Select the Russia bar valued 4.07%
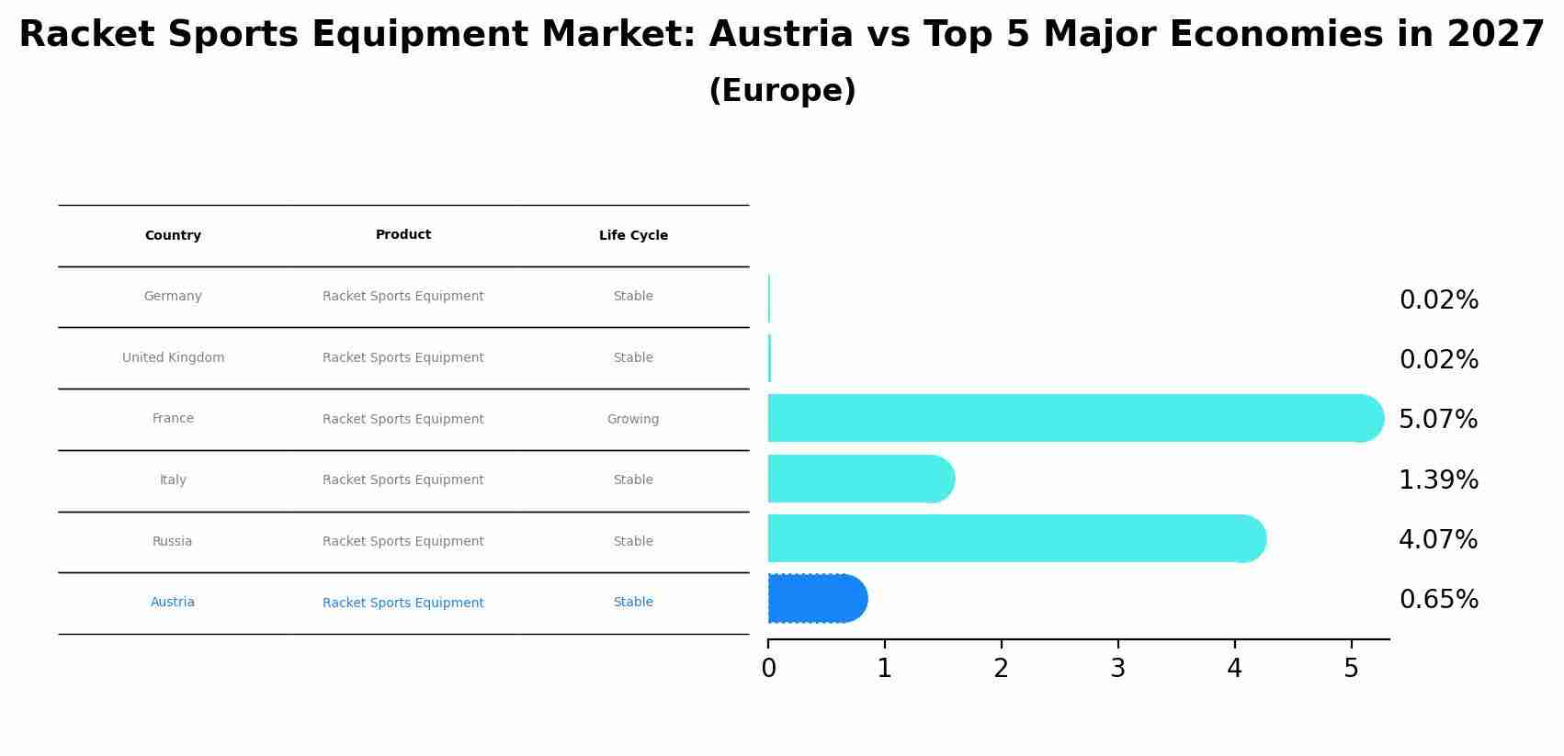click(1011, 538)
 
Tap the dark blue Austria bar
click(813, 599)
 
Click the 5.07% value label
click(1438, 420)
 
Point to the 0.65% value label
click(1438, 600)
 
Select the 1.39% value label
click(1438, 480)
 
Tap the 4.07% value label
click(1438, 540)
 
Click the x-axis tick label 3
click(1117, 669)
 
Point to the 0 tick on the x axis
click(768, 669)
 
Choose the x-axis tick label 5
click(1351, 669)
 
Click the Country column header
click(173, 236)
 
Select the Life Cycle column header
click(633, 236)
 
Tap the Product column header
click(403, 235)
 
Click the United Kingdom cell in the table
click(173, 357)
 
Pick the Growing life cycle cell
click(633, 419)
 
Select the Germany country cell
click(173, 296)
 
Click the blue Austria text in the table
click(173, 602)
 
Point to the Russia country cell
click(173, 541)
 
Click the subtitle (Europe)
click(782, 91)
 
